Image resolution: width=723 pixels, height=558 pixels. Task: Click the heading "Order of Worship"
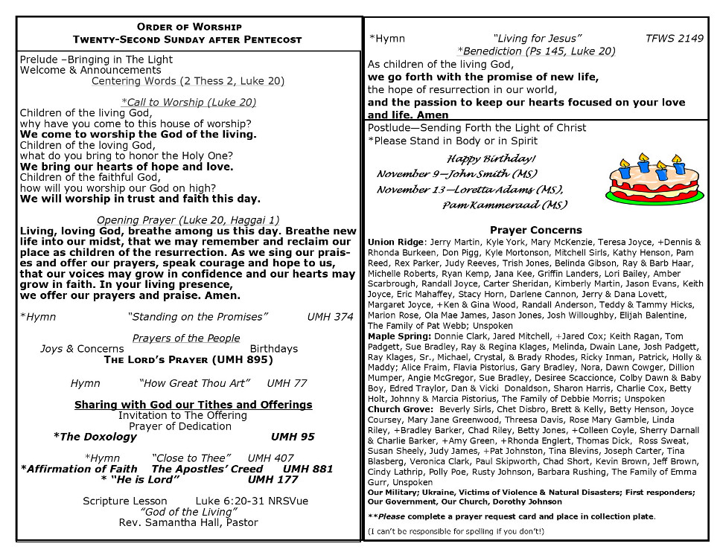(189, 27)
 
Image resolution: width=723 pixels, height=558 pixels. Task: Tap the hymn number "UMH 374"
(330, 317)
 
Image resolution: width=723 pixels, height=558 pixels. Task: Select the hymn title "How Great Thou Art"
(194, 383)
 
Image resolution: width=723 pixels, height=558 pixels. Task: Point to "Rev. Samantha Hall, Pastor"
(188, 522)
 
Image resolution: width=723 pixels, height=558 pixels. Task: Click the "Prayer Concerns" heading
(536, 230)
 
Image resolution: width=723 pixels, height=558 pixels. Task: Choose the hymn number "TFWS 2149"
(674, 38)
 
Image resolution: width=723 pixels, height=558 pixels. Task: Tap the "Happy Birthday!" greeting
(491, 158)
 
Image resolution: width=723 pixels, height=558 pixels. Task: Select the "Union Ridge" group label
(395, 242)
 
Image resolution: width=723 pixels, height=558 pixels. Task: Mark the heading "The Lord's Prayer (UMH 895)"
(188, 360)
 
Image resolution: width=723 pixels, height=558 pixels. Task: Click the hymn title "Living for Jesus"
(537, 38)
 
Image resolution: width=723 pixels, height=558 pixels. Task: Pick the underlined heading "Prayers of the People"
(186, 339)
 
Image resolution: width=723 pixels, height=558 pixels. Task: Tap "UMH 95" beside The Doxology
(293, 437)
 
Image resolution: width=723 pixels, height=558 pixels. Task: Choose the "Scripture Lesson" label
(125, 501)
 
